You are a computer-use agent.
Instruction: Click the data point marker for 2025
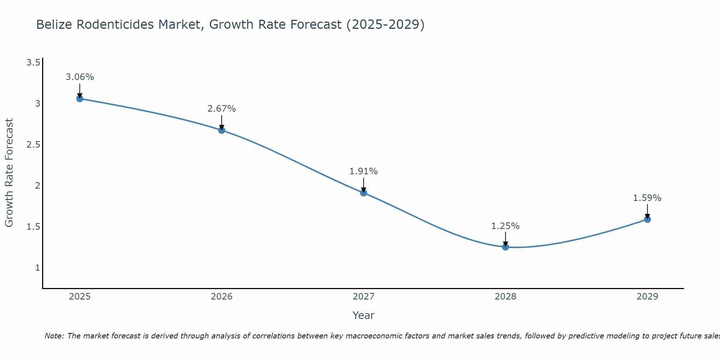click(x=80, y=99)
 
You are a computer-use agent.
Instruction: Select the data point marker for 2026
click(x=222, y=130)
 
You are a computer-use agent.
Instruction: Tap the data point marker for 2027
click(x=364, y=193)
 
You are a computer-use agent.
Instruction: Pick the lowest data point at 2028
click(x=505, y=247)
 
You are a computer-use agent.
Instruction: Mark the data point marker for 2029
click(x=647, y=219)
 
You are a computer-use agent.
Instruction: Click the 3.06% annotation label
click(x=80, y=77)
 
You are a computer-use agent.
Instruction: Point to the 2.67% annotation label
click(x=222, y=109)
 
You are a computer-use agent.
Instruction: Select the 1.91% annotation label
click(x=364, y=171)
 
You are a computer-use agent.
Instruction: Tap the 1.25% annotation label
click(x=505, y=226)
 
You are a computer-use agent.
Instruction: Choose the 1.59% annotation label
click(x=647, y=198)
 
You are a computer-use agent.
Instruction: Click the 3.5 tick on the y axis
click(x=33, y=63)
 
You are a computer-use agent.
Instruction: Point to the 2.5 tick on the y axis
click(x=33, y=145)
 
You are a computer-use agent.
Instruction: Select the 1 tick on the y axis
click(x=37, y=268)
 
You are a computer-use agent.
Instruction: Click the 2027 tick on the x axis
click(x=364, y=297)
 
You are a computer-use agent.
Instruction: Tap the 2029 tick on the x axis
click(x=647, y=297)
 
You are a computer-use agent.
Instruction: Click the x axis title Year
click(x=364, y=315)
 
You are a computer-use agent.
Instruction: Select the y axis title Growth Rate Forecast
click(x=9, y=173)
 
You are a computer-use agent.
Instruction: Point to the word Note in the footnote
click(x=54, y=336)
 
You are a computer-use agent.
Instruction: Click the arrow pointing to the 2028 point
click(x=505, y=239)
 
